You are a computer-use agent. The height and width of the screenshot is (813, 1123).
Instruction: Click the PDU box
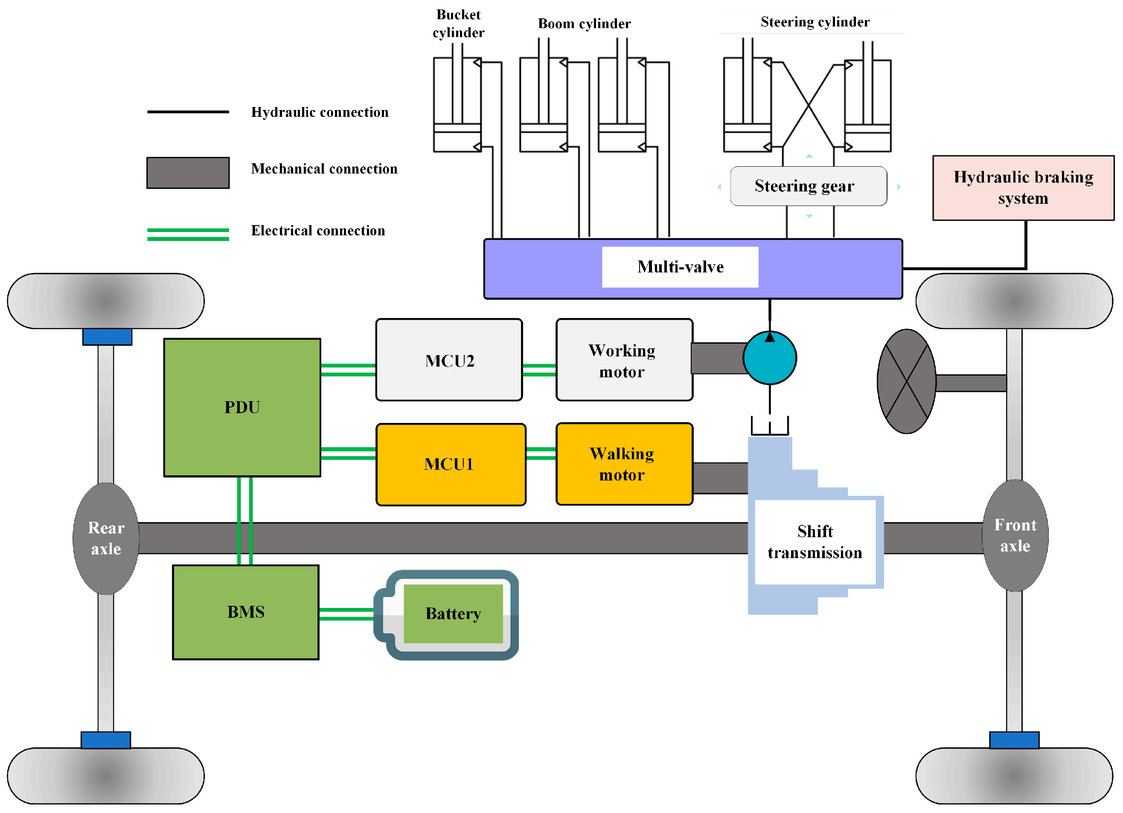pos(242,407)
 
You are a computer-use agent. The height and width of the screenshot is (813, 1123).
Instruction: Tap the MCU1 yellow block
pos(450,464)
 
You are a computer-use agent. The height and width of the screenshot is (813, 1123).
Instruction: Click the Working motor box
pos(624,360)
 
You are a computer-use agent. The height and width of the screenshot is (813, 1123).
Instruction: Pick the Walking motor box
pos(624,464)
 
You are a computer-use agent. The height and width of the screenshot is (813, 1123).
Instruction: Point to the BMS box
pos(246,612)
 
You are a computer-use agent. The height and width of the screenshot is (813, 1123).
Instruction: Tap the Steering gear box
pos(808,186)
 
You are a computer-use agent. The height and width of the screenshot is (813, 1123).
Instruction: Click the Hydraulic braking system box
pos(1023,188)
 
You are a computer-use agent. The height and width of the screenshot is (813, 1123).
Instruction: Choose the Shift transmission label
pos(815,542)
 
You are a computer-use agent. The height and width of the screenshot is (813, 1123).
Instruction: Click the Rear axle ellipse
pos(106,538)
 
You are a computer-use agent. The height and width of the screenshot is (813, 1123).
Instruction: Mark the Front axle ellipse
pos(1015,535)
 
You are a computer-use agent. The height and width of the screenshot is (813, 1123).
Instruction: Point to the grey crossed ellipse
pos(906,382)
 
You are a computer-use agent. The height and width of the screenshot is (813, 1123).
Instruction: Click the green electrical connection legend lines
pos(188,234)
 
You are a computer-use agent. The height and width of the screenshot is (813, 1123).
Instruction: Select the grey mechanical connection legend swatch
pos(188,173)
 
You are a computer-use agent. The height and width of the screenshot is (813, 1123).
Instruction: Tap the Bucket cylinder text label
pos(458,23)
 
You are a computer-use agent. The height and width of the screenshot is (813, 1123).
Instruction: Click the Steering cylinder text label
pos(815,22)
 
